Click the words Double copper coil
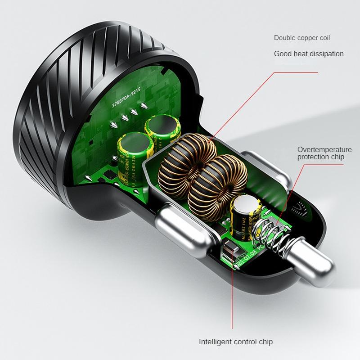point(305,38)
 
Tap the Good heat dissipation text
point(309,54)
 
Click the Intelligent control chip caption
point(236,342)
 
